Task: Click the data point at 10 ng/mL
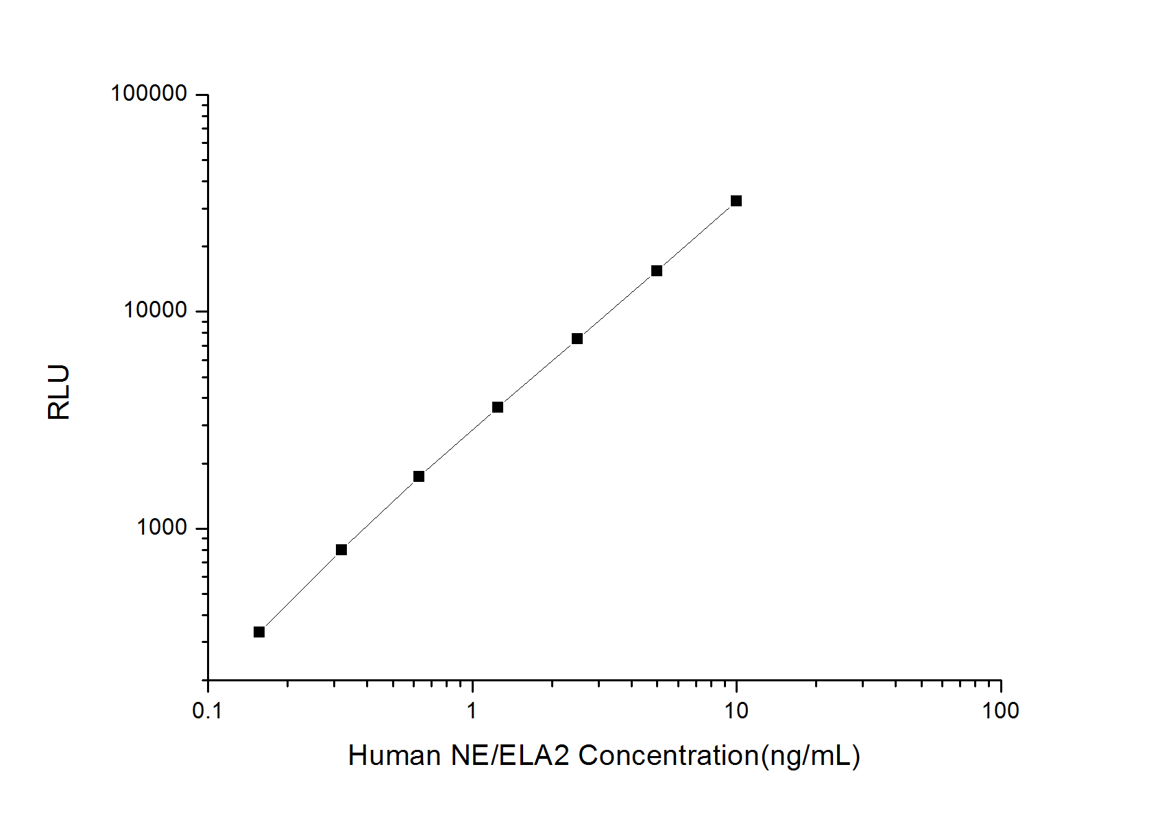click(736, 201)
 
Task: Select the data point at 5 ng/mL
click(657, 271)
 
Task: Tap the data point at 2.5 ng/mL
click(577, 339)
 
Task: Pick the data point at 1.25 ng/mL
click(498, 407)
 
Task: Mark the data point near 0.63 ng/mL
click(419, 476)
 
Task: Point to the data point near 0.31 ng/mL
click(341, 550)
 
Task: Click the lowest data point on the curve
click(259, 632)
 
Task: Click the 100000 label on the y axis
click(149, 94)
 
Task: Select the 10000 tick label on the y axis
click(155, 311)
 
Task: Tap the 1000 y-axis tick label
click(162, 528)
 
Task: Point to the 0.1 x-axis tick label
click(207, 711)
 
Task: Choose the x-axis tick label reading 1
click(472, 711)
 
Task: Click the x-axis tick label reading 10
click(736, 711)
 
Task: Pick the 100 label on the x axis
click(1000, 711)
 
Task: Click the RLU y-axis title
click(60, 392)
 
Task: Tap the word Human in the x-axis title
click(394, 755)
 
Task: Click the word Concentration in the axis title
click(668, 755)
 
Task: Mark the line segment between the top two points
click(697, 236)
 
